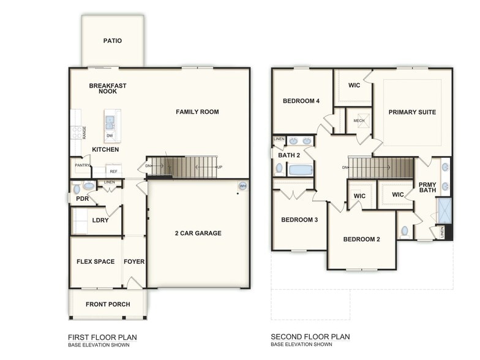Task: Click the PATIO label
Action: point(112,41)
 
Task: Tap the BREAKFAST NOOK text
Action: point(108,88)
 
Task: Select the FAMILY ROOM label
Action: point(197,112)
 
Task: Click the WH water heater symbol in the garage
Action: point(242,186)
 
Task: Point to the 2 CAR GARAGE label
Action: point(198,233)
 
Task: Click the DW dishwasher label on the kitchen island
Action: point(110,135)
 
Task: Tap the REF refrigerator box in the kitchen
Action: point(113,171)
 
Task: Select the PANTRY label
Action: point(83,165)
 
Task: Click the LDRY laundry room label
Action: point(100,220)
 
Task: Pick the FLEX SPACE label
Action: point(96,261)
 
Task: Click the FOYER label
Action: point(134,261)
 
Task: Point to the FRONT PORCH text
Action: point(107,304)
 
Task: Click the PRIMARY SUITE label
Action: point(412,112)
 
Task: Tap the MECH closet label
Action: point(359,121)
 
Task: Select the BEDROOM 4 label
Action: point(301,101)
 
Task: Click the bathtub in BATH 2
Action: point(300,169)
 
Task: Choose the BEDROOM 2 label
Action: point(361,239)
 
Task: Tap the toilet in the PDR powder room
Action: point(88,186)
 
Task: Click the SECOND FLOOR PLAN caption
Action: point(310,337)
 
